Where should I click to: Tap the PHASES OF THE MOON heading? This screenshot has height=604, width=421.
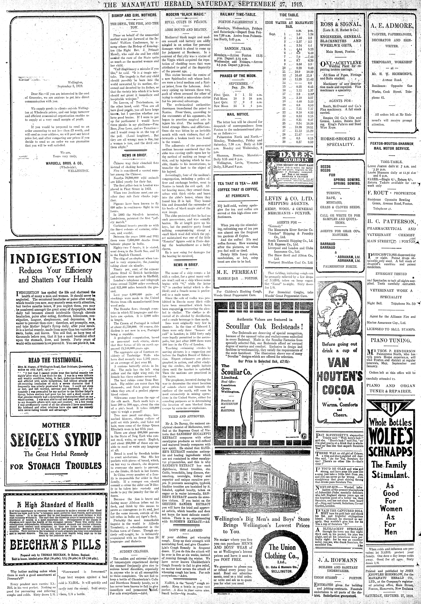(238, 76)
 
